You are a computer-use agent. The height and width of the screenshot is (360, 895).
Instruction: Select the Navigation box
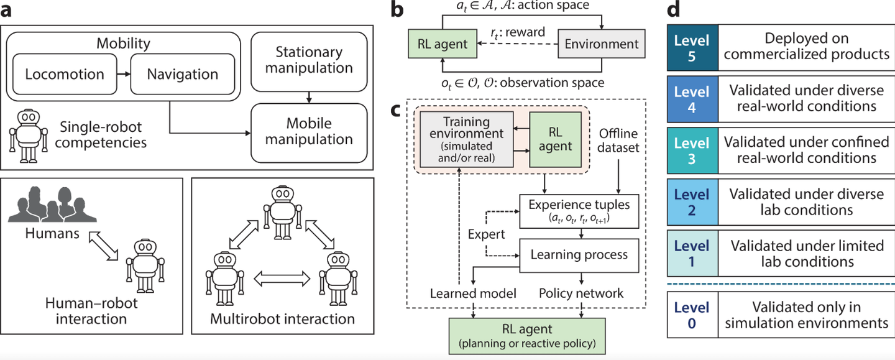[x=182, y=74]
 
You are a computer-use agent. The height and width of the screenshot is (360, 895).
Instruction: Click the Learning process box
[x=579, y=254]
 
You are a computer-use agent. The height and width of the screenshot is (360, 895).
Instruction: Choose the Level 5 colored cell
[x=692, y=47]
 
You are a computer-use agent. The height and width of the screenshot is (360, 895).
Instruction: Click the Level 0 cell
[x=692, y=315]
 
